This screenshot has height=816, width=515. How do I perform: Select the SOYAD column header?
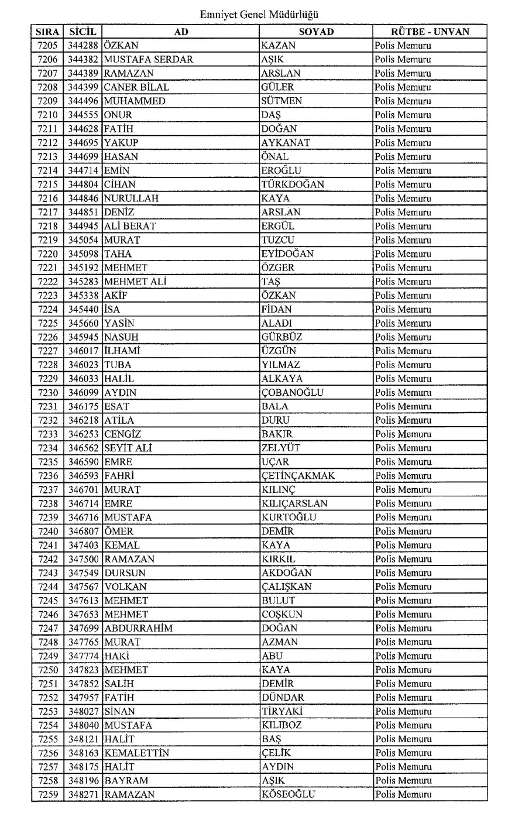pos(316,32)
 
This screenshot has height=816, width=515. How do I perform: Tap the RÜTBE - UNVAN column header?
pos(430,32)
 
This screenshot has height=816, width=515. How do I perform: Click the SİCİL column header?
pos(83,32)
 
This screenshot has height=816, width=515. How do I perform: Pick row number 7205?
pos(47,46)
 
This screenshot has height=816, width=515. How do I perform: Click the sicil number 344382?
pos(83,60)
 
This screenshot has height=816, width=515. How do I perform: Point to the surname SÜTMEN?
pos(281,101)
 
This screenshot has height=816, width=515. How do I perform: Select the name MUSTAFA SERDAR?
pos(149,60)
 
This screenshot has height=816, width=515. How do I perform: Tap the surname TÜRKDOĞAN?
pos(293,184)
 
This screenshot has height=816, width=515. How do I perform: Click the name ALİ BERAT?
pos(130,226)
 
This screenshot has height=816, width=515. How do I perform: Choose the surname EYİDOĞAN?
pos(287,254)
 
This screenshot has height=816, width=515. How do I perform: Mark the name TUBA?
pos(118,365)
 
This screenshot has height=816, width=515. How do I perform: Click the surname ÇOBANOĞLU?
pos(292,393)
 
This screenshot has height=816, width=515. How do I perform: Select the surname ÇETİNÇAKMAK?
pos(298,476)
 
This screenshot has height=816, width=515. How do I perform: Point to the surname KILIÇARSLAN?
pos(294,503)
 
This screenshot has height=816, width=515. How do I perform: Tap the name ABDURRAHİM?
pos(139,629)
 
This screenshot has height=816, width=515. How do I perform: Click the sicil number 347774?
pos(83,656)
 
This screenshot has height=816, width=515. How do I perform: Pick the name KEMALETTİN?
pos(137,753)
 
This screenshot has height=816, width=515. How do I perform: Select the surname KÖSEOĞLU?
pos(288,795)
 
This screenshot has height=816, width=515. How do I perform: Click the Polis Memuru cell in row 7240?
pos(403,532)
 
